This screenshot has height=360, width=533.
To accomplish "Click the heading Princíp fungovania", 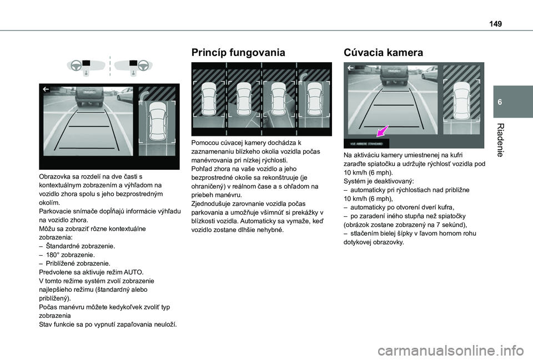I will pos(238,53).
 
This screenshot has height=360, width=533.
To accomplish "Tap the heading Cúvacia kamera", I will pos(383,53).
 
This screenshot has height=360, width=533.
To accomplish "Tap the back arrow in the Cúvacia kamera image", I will pos(350,69).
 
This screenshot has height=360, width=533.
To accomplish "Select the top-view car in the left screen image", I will pos(157,121).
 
